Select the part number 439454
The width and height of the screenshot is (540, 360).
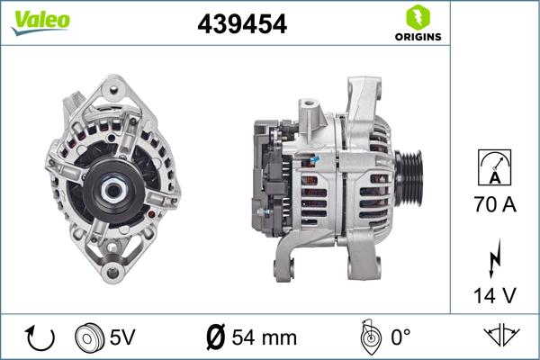[242, 25]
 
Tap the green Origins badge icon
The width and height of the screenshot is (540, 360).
[415, 17]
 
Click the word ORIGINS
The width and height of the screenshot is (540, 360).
[416, 37]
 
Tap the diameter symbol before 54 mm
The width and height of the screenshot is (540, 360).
[216, 339]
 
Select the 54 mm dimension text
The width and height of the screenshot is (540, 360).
[265, 339]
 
